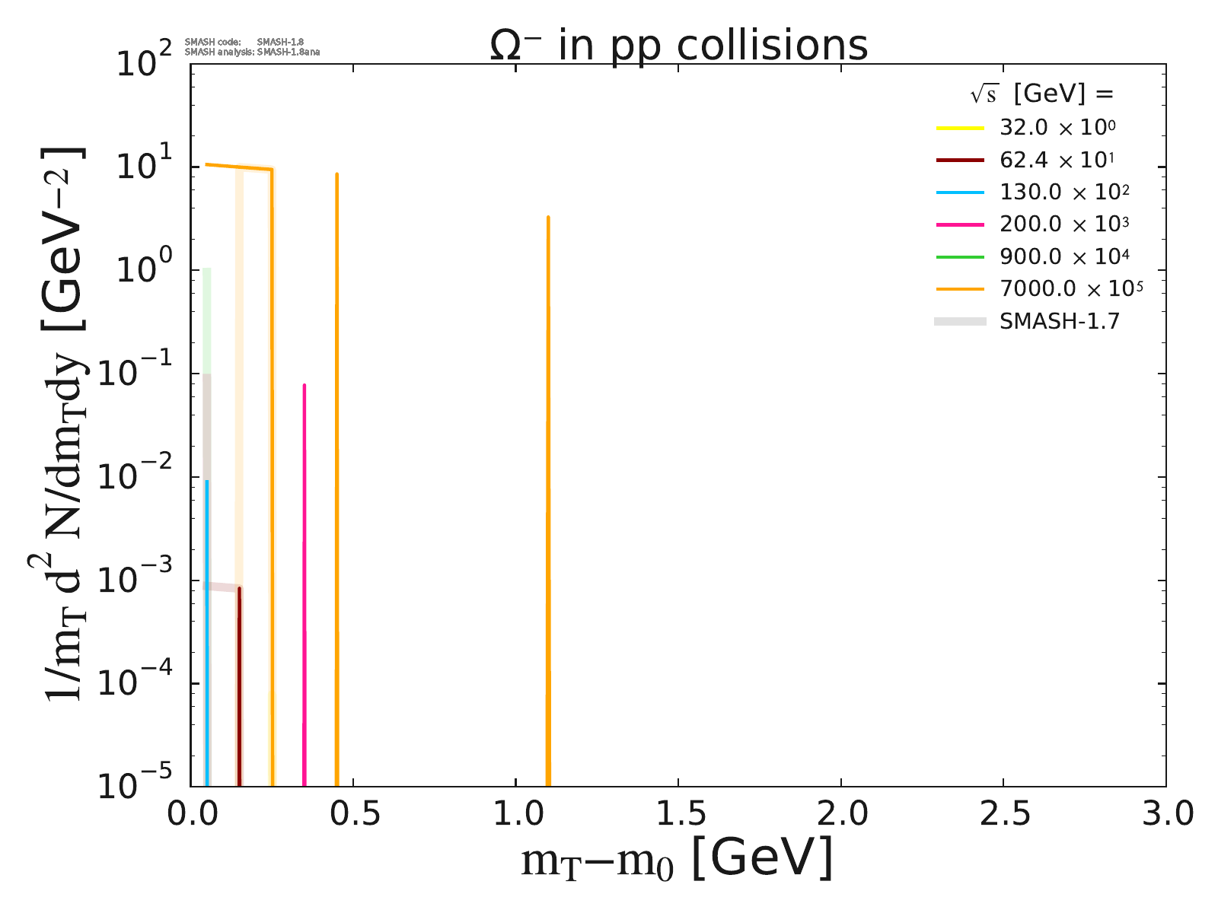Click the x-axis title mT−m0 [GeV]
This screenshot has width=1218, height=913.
(x=677, y=859)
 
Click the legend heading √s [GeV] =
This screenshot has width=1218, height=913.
(x=1041, y=94)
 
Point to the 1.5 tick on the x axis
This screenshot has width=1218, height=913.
(x=678, y=814)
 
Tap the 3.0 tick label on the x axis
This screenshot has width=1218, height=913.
(x=1165, y=814)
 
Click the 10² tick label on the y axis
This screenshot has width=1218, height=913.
(x=145, y=63)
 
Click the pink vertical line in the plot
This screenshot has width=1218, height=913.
(x=304, y=578)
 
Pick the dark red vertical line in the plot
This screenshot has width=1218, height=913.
(x=239, y=685)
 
